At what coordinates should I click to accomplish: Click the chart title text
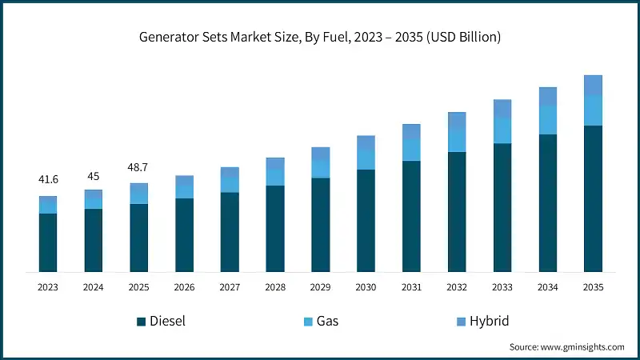(320, 38)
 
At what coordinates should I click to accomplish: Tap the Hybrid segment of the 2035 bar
(593, 85)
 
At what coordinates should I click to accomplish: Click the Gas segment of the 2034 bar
(547, 120)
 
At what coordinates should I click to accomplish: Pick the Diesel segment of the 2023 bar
(48, 242)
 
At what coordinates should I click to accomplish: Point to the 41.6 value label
(48, 180)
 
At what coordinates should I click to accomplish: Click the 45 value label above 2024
(94, 176)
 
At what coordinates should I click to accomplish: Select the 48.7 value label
(139, 168)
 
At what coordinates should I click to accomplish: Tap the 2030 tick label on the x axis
(366, 286)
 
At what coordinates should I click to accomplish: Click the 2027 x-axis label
(230, 286)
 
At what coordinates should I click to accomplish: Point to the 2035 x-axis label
(593, 286)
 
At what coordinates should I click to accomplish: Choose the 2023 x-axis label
(48, 286)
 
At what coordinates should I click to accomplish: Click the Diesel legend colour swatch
(142, 322)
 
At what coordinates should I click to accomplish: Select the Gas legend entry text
(328, 322)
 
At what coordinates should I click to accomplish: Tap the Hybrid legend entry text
(488, 322)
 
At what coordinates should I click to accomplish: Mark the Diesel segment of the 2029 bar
(321, 225)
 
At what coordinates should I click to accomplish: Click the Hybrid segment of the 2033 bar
(502, 109)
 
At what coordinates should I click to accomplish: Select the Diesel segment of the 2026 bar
(184, 235)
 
